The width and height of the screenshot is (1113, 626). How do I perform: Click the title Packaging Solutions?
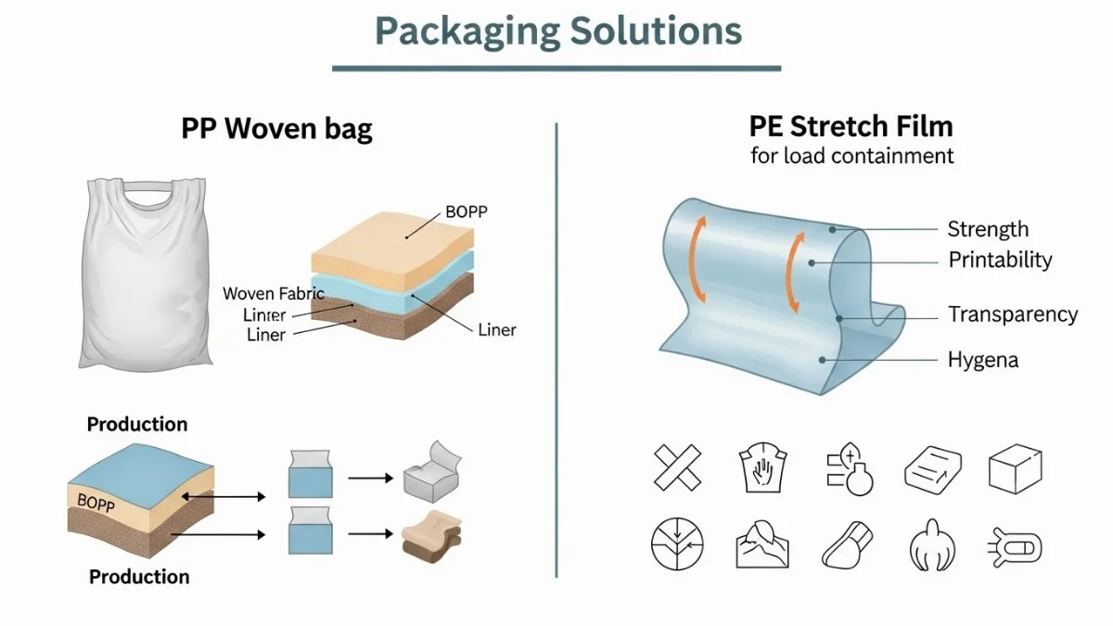click(x=557, y=31)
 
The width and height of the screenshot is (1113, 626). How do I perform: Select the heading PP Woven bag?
click(x=276, y=128)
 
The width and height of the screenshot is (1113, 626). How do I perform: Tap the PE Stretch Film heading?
click(x=851, y=126)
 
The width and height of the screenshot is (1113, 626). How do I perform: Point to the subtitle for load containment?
click(x=851, y=156)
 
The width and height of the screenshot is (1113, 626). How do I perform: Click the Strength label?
click(x=987, y=229)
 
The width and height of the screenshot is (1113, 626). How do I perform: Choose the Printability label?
click(x=1000, y=260)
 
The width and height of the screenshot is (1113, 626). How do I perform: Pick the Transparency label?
click(x=1012, y=315)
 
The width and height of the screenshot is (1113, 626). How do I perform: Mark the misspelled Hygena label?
click(x=982, y=360)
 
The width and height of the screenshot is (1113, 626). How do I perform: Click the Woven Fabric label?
click(x=274, y=294)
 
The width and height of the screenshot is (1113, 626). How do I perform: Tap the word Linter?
click(x=264, y=315)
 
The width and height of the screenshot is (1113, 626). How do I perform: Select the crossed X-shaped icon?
click(x=677, y=467)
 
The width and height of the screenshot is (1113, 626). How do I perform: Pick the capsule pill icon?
click(x=1017, y=547)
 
